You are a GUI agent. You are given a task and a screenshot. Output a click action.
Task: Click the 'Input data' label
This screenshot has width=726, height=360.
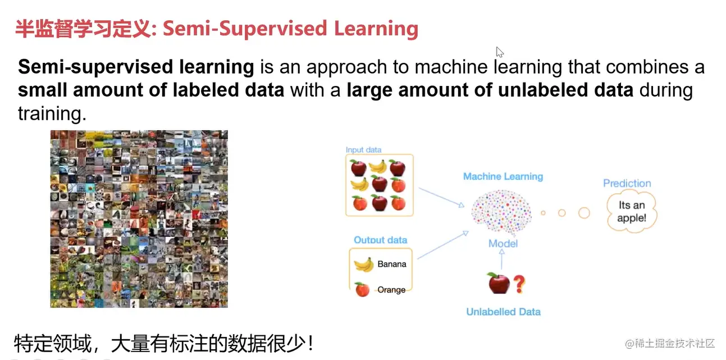pyautogui.click(x=363, y=150)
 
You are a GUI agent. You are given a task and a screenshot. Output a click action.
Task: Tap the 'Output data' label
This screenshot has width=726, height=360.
pyautogui.click(x=380, y=240)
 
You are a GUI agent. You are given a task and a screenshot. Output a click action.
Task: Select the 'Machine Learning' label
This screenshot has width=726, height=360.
pyautogui.click(x=503, y=176)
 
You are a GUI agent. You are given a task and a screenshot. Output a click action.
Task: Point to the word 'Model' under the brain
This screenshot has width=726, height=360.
pyautogui.click(x=503, y=244)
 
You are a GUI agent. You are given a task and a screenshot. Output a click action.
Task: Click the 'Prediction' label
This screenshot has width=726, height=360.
pyautogui.click(x=627, y=183)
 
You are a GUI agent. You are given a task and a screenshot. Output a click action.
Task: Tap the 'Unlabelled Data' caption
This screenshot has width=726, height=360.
pyautogui.click(x=503, y=312)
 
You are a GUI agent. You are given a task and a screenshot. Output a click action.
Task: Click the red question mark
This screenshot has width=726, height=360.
pyautogui.click(x=519, y=284)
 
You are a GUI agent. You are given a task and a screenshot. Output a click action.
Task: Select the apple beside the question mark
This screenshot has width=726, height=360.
pyautogui.click(x=499, y=283)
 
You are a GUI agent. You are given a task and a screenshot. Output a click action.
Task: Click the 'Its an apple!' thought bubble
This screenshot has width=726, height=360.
pyautogui.click(x=632, y=212)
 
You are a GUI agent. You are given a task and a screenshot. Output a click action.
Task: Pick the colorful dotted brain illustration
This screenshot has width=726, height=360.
pyautogui.click(x=501, y=212)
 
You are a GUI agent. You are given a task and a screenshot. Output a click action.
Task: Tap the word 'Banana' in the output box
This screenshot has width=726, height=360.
pyautogui.click(x=392, y=264)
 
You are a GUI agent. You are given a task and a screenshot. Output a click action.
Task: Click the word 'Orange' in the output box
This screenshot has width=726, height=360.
pyautogui.click(x=391, y=290)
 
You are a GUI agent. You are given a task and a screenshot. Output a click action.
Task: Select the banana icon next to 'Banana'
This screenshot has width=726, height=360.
pyautogui.click(x=364, y=265)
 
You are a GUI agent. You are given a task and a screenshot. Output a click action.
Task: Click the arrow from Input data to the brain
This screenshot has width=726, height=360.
pyautogui.click(x=441, y=197)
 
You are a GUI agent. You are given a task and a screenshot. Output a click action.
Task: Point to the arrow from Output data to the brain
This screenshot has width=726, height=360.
pyautogui.click(x=443, y=245)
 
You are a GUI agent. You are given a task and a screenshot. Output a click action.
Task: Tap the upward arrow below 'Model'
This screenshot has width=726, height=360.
pyautogui.click(x=502, y=259)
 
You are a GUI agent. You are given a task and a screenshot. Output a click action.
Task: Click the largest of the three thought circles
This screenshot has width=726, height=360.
pyautogui.click(x=584, y=213)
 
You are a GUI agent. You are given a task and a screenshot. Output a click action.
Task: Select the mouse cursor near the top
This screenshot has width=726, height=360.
pyautogui.click(x=500, y=52)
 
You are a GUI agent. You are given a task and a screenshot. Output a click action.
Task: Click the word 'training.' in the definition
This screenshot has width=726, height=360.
pyautogui.click(x=52, y=114)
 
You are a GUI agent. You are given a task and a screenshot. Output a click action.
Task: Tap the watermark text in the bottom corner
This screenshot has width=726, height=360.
pyautogui.click(x=670, y=343)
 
